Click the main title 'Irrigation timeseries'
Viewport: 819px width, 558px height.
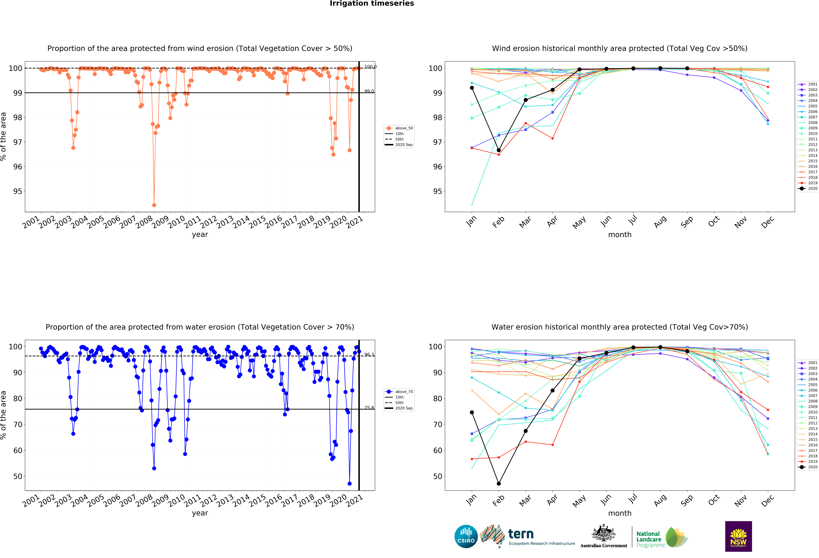[x=372, y=3]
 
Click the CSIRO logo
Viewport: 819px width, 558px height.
[x=466, y=537]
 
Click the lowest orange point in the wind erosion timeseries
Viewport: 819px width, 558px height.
[x=154, y=205]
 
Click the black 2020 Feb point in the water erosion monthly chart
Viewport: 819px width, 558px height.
[x=499, y=484]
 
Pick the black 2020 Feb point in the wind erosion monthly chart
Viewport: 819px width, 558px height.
[x=499, y=150]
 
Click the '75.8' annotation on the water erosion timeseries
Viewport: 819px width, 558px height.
[x=369, y=408]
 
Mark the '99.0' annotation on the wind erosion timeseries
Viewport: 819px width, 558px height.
[x=369, y=91]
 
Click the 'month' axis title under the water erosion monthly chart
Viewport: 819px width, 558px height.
[x=620, y=513]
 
